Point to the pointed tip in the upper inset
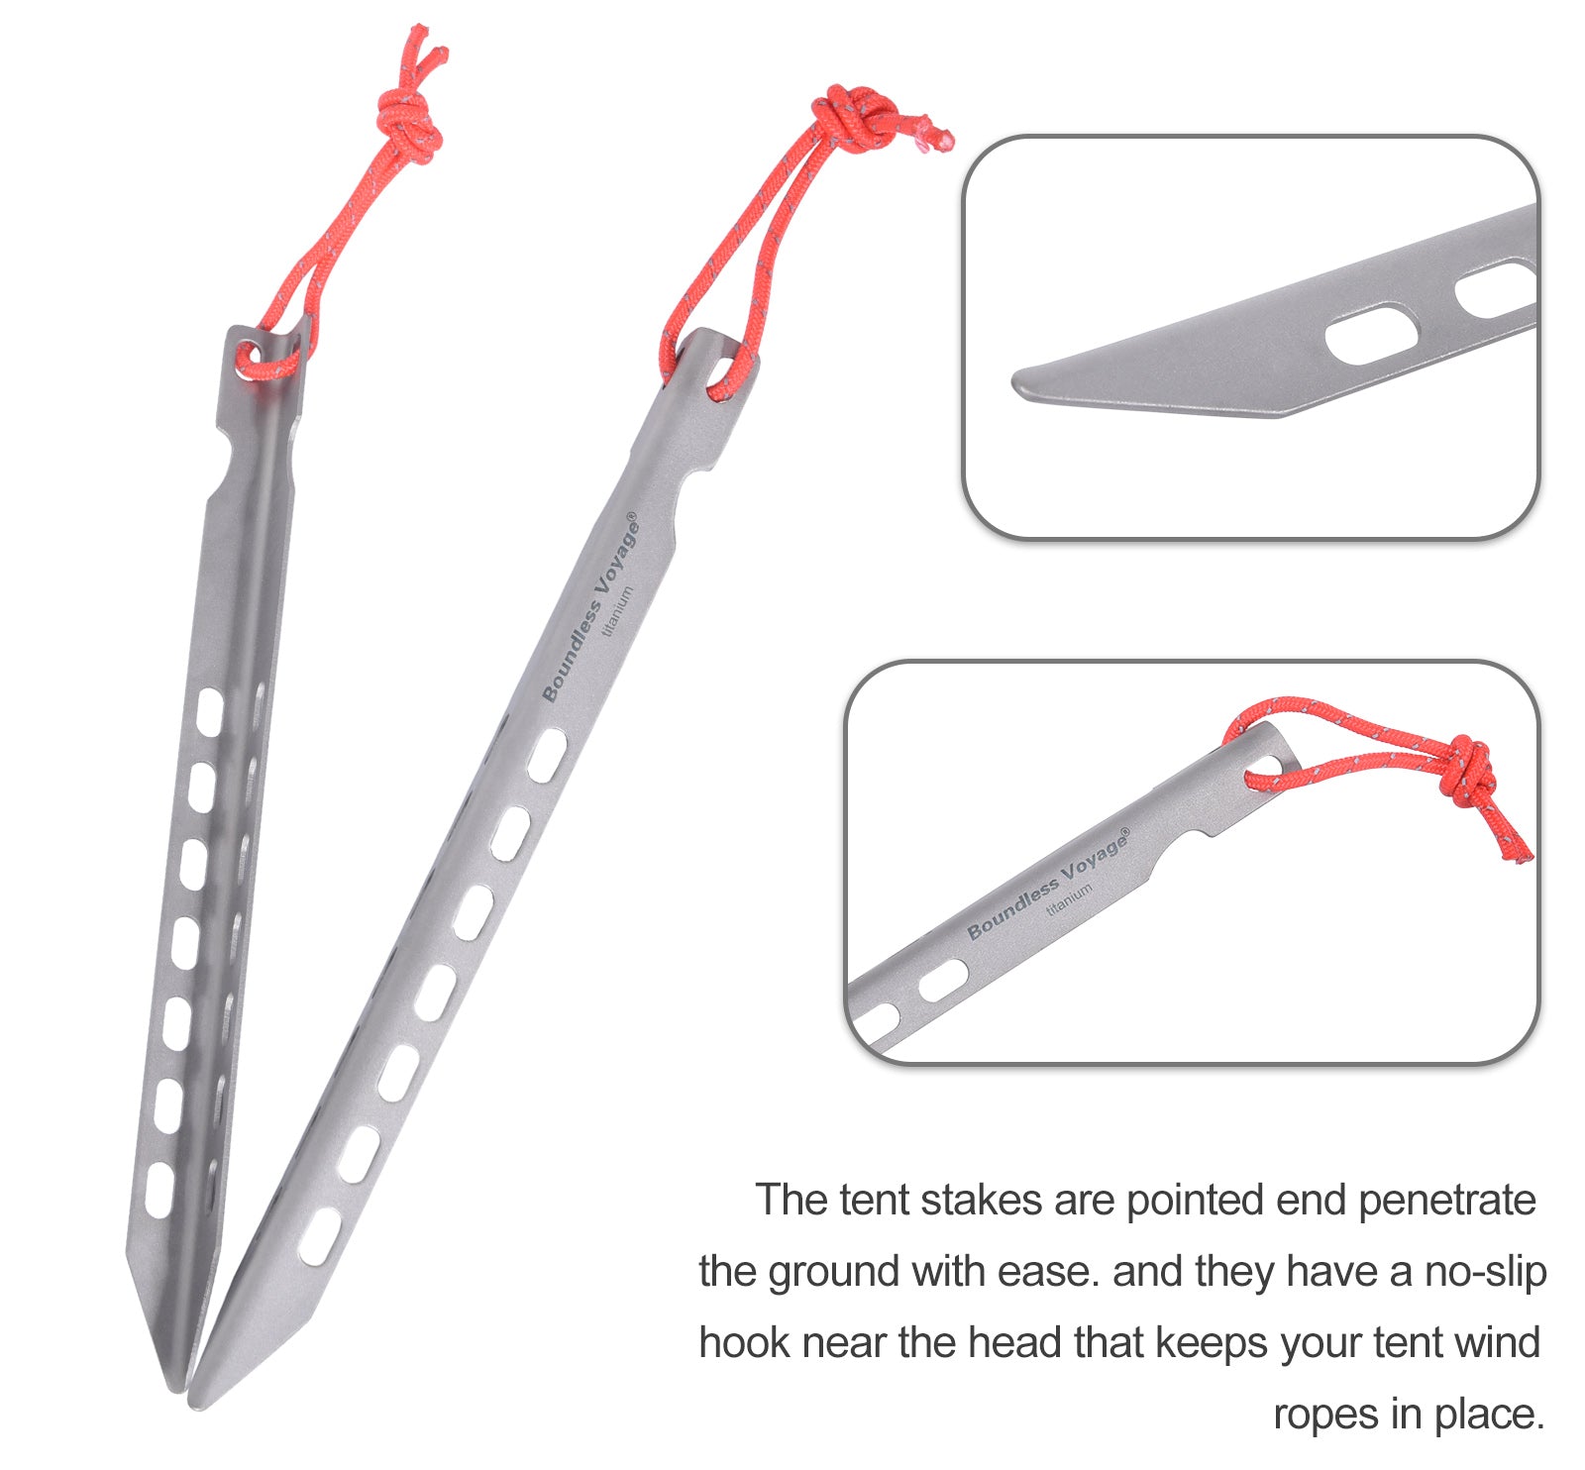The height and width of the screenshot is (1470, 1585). coord(1016,381)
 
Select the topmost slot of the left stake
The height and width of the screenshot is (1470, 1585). coord(209,712)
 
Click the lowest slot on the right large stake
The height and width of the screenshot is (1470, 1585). coord(320,1237)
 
